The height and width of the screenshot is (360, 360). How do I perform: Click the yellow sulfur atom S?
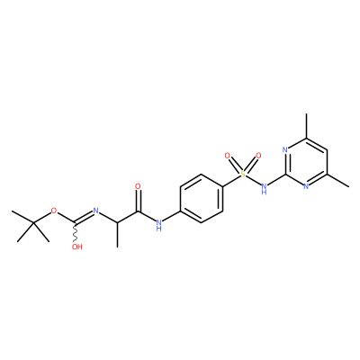[243, 174]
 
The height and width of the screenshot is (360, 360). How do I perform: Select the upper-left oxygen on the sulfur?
[228, 156]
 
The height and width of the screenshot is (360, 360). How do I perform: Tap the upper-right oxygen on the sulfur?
[258, 156]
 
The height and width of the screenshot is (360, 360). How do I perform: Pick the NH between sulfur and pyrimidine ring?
[264, 189]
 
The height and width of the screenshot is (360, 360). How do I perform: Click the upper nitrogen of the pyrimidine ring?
[285, 149]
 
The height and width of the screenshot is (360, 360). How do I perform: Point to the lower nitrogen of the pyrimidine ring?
[306, 186]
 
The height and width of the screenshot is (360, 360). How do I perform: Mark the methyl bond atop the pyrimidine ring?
[306, 126]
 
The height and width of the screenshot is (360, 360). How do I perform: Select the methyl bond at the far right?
[337, 180]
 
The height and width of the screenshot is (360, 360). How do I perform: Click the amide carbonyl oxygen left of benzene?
[138, 186]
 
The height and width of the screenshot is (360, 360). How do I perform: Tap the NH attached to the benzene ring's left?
[159, 225]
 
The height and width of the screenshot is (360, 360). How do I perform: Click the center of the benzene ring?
[202, 198]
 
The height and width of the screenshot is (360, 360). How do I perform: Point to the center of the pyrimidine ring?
[306, 162]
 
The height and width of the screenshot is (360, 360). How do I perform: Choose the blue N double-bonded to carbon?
[96, 211]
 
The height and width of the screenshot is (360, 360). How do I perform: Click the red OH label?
[76, 247]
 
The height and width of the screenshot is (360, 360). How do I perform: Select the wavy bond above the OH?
[76, 233]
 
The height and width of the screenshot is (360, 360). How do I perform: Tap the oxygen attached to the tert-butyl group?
[54, 211]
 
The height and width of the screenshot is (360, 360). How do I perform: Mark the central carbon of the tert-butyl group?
[33, 222]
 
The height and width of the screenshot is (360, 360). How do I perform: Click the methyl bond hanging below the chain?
[117, 235]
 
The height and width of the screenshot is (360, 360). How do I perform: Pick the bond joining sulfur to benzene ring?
[231, 180]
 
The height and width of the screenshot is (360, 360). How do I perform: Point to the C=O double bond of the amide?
[138, 201]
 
